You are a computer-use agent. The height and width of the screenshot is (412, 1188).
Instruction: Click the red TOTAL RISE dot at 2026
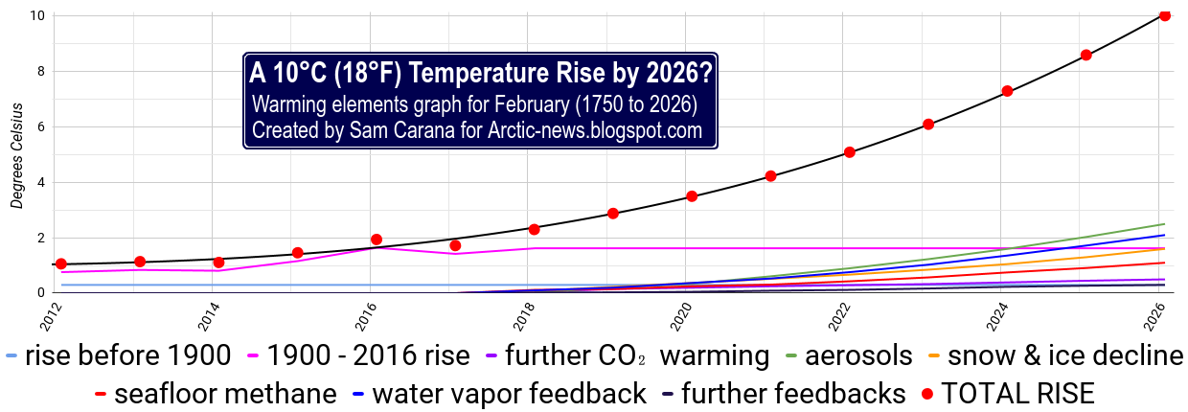coord(1165,15)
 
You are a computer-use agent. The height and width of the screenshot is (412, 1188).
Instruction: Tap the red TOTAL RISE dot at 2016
coord(377,240)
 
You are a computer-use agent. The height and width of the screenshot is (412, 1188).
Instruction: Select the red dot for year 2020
coord(692,196)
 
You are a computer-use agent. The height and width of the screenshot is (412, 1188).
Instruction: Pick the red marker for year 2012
coord(61,263)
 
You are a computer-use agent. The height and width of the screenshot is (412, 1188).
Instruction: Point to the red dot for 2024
coord(1007,91)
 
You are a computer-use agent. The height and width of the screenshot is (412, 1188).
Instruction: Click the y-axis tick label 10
coord(35,15)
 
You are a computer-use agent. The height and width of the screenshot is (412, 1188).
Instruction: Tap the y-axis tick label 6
coord(39,126)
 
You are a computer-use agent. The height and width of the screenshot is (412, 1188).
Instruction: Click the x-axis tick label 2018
coord(529,313)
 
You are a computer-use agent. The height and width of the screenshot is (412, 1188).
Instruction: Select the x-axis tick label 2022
coord(844,313)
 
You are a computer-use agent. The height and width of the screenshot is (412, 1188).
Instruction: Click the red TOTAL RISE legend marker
coord(926,394)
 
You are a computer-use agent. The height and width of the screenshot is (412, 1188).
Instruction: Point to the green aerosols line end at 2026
coord(1164,224)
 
